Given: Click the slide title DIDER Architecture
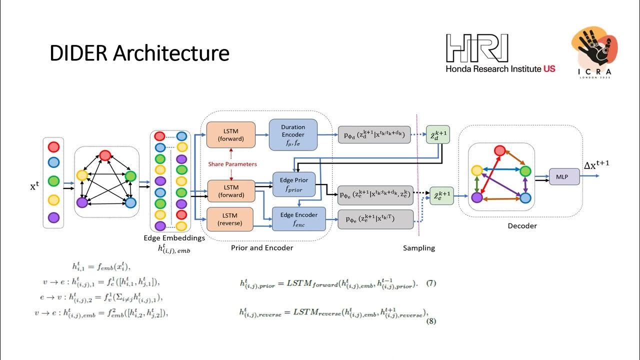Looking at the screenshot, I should coord(139,53).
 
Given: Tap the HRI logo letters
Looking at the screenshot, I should coord(477,48).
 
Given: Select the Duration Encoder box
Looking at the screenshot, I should coord(293,134).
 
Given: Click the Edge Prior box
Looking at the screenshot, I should coord(294,184).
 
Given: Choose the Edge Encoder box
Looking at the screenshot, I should coord(298,218).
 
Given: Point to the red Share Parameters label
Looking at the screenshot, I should coord(233,164).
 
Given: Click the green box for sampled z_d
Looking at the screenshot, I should coord(437,134).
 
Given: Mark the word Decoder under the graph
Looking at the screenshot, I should coord(522,226).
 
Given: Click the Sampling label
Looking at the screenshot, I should coord(419,248).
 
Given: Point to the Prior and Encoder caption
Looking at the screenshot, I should coord(262,247).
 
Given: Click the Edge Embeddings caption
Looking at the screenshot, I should coord(174,238).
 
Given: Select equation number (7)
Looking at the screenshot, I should coord(431,283).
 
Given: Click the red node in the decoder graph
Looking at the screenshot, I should coord(499,150).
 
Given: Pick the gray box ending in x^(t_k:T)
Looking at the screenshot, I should coord(375,219).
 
